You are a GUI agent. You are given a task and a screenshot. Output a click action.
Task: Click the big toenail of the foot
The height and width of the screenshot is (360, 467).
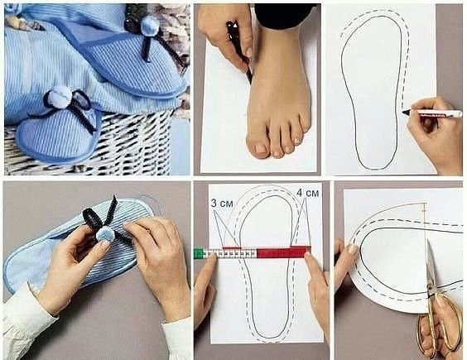[261, 148]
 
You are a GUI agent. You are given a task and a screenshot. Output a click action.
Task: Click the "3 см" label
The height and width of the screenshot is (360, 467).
[222, 204]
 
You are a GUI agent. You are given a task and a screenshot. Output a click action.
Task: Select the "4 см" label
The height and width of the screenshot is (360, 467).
[308, 193]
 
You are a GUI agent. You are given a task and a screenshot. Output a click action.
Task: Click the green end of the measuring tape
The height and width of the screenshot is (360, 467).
[198, 254]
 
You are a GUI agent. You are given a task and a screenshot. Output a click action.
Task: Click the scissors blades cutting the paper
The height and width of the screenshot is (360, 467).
[431, 262]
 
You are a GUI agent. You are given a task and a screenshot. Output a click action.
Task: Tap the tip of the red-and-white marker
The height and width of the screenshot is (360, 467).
[403, 113]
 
